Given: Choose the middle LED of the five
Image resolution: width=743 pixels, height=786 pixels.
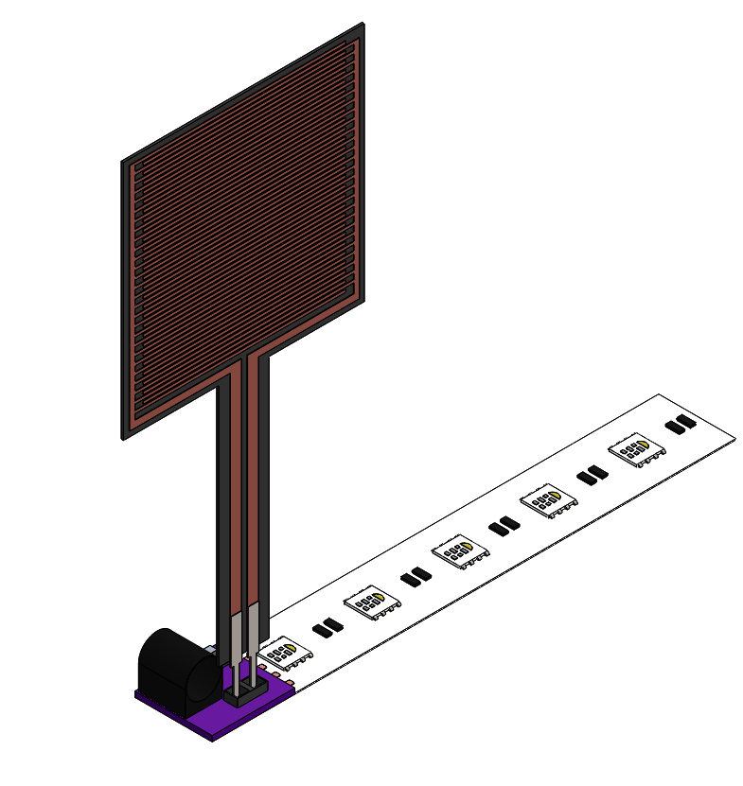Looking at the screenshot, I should tap(459, 551).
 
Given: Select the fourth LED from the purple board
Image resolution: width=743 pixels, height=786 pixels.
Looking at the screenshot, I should tap(548, 501).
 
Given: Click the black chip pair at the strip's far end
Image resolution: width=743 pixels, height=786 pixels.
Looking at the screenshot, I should tap(680, 425).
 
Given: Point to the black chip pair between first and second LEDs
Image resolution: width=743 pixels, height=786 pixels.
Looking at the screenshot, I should tap(327, 626).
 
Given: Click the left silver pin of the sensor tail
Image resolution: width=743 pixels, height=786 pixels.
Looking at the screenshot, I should tap(235, 638).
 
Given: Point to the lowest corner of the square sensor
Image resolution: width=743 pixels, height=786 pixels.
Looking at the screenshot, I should tap(123, 438).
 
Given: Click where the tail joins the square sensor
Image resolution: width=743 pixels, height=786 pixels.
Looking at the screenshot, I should tap(246, 364).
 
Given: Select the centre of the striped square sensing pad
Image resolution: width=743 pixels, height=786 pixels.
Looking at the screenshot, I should tap(243, 231).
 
